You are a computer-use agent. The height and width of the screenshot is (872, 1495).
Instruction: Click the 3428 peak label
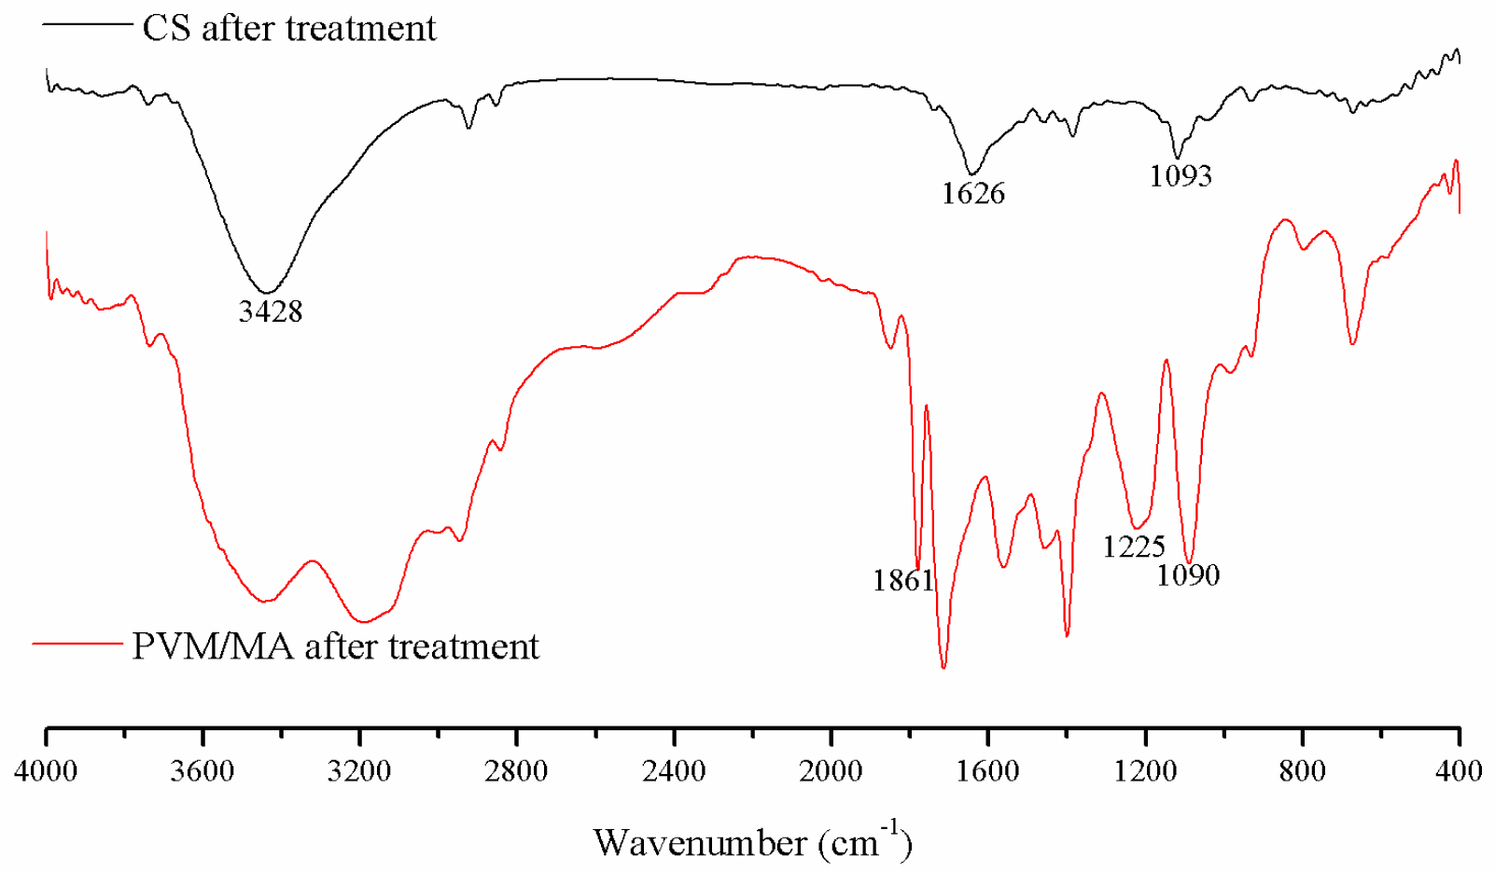[x=271, y=311]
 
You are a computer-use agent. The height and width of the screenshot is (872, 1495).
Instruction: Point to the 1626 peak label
[x=973, y=193]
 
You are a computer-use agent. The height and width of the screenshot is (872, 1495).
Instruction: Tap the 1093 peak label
[x=1181, y=175]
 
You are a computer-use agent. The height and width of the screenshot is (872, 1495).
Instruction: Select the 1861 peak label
[x=903, y=580]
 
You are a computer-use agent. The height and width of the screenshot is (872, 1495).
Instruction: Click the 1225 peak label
[x=1134, y=547]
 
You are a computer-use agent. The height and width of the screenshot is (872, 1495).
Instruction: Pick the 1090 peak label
[x=1188, y=575]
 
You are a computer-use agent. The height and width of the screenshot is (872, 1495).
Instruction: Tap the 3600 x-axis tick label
[x=203, y=771]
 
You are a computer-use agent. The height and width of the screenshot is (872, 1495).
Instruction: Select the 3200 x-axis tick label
[x=360, y=771]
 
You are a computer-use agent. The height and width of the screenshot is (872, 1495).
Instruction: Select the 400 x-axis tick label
[x=1459, y=771]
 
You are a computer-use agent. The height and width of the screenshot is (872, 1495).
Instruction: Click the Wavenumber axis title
[x=752, y=842]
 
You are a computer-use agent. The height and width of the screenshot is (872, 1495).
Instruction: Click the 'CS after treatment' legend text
[x=289, y=29]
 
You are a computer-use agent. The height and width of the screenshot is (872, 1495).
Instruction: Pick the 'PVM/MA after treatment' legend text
[x=335, y=646]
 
